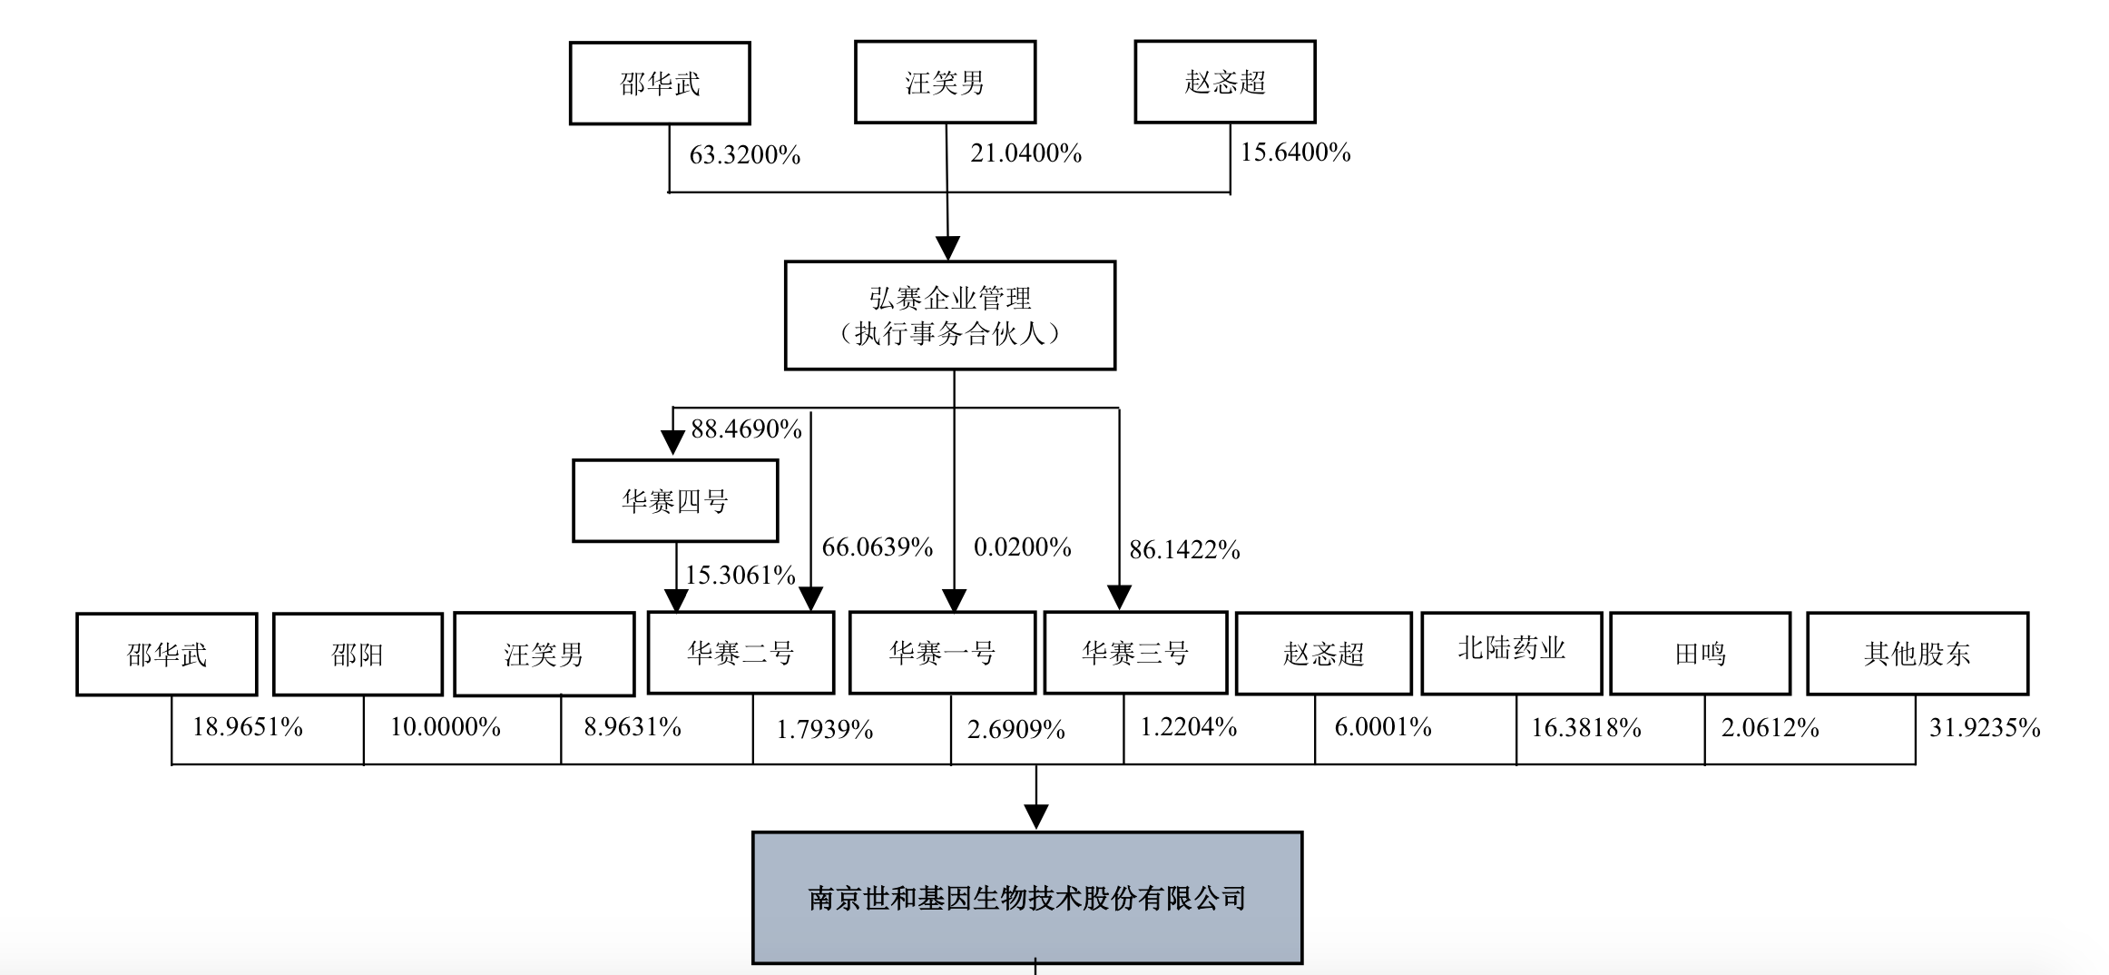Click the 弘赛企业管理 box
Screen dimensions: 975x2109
tap(949, 315)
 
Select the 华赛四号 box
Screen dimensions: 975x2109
tap(674, 500)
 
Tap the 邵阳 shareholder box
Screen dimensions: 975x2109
tap(358, 654)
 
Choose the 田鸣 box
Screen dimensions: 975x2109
tap(1700, 653)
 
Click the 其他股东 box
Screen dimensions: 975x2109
tap(1917, 653)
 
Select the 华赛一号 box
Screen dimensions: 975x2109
tap(942, 652)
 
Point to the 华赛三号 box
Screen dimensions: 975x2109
tap(1135, 652)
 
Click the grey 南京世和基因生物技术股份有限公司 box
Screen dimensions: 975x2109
tap(1027, 898)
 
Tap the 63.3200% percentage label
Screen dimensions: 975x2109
tap(744, 155)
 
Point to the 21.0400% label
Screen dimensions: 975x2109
tap(1025, 153)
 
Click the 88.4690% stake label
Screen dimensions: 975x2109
tap(746, 428)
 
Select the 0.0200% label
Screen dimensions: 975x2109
tap(1022, 547)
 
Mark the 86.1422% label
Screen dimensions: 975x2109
tap(1184, 549)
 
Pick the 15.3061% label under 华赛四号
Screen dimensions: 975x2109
tap(740, 575)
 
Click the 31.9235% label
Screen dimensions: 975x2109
tap(1984, 727)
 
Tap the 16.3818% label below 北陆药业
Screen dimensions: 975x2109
tap(1585, 727)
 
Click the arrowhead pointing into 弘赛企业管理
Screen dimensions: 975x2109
tap(947, 248)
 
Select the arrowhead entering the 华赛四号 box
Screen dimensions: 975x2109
tap(672, 442)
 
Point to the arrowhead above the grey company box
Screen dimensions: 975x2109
tap(1035, 816)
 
